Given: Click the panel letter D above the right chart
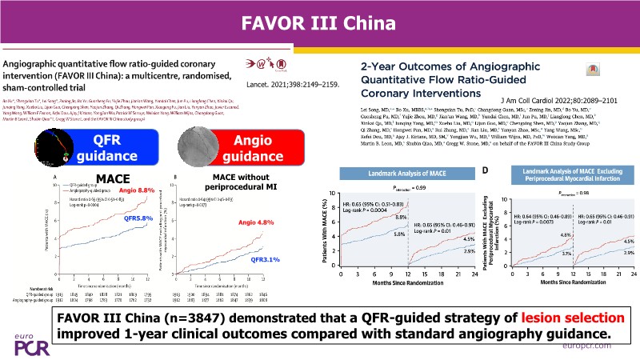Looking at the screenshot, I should [x=486, y=170].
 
